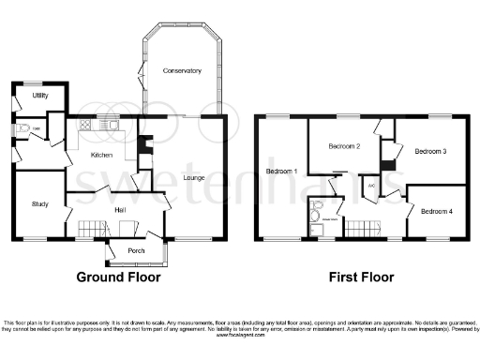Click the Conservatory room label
[x=181, y=71]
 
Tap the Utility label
[x=39, y=96]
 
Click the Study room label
[x=39, y=203]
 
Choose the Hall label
[x=120, y=210]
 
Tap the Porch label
[x=136, y=249]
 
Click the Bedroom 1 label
[x=281, y=172]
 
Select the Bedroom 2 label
[x=344, y=147]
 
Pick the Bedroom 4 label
[x=436, y=211]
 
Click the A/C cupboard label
[x=371, y=185]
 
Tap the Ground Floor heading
[x=118, y=277]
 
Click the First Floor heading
[x=360, y=277]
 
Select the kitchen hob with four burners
[x=84, y=124]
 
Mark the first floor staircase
[x=362, y=227]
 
